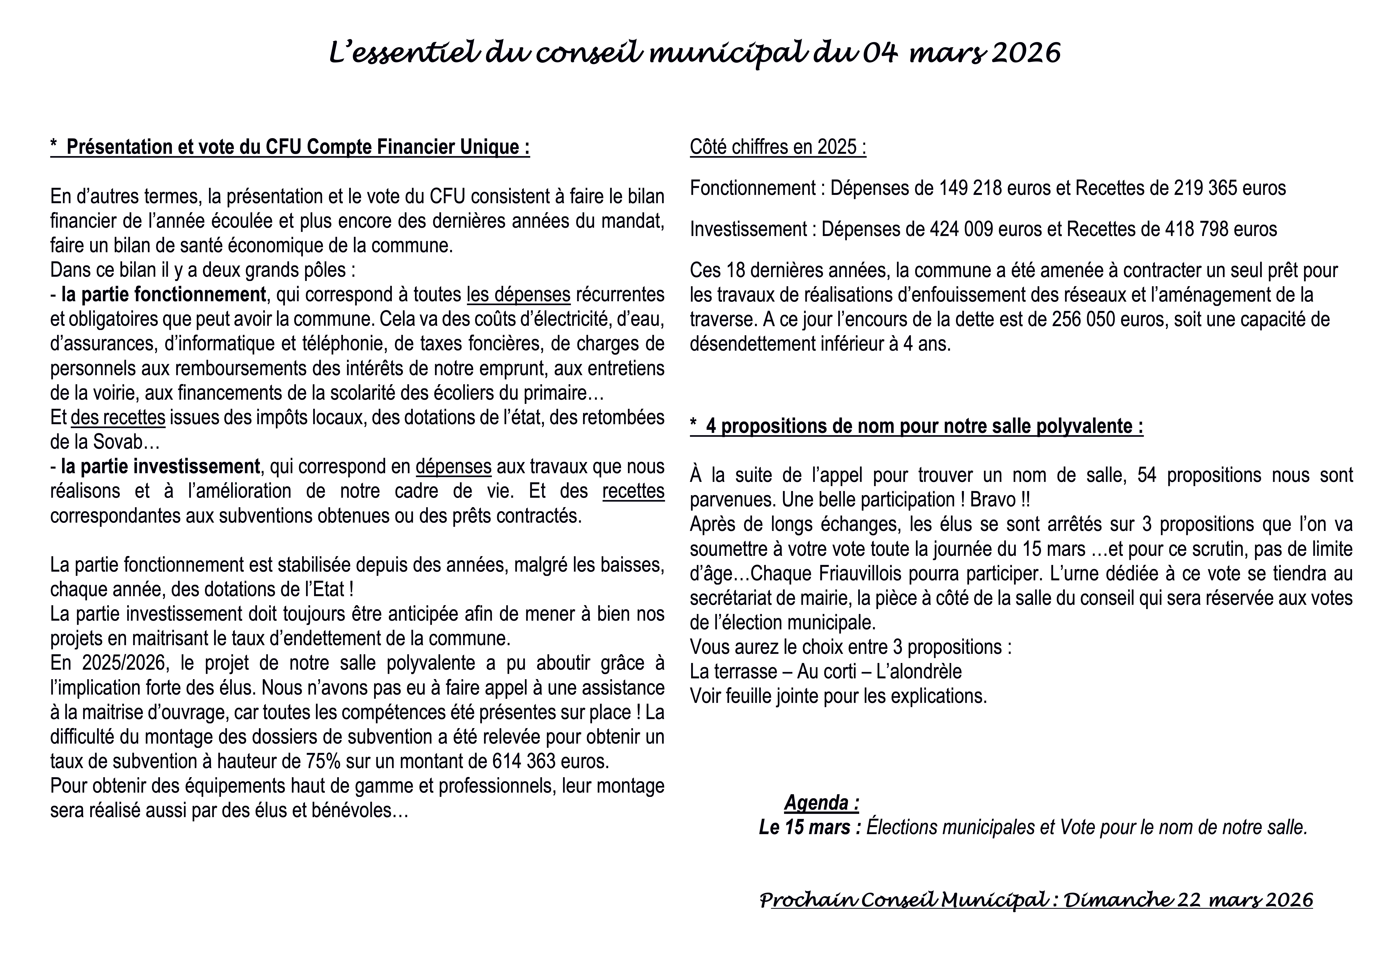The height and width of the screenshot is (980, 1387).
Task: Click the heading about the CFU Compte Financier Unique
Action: tap(290, 147)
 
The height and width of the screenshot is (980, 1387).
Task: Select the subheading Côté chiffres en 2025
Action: tap(778, 147)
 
